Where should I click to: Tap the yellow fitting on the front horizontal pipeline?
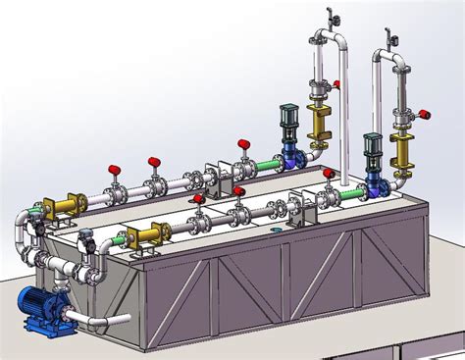[147, 235]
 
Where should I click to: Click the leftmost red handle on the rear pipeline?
[114, 169]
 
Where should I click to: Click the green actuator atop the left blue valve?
[289, 118]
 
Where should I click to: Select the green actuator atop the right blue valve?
[372, 146]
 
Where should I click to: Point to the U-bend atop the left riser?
[331, 42]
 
